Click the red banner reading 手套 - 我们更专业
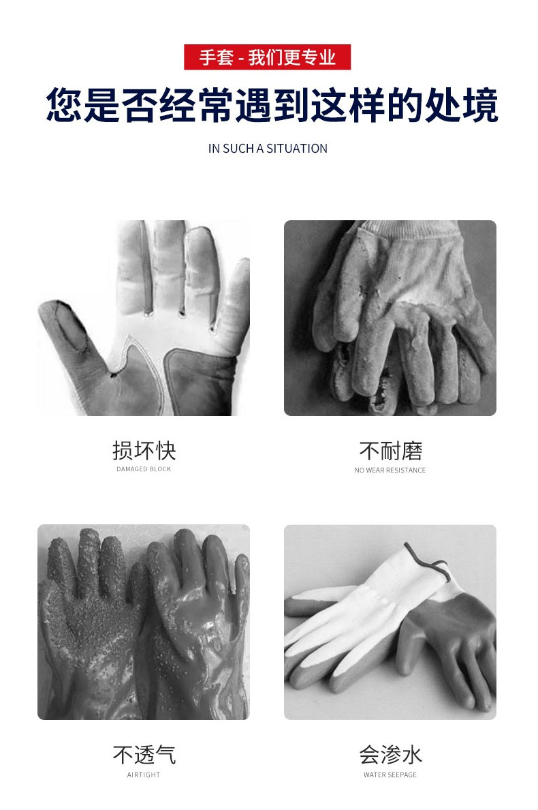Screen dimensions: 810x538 click(267, 57)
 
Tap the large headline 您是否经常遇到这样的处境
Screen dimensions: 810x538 click(272, 105)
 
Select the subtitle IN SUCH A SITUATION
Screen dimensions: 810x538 click(268, 149)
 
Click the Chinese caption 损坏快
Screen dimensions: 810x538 click(144, 451)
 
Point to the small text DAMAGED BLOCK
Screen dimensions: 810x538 click(144, 469)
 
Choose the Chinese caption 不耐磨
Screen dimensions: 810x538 click(390, 451)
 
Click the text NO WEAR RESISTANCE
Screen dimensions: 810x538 click(390, 470)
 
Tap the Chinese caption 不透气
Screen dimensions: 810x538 click(144, 755)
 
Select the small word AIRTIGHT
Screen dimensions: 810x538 click(144, 775)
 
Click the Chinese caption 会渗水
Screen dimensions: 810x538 click(390, 755)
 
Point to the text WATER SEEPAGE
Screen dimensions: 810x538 click(390, 775)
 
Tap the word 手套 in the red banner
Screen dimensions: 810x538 click(216, 57)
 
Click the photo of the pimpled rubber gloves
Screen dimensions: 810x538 click(144, 622)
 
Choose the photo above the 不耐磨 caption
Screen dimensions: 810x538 click(390, 318)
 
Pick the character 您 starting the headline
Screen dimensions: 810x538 click(65, 105)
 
